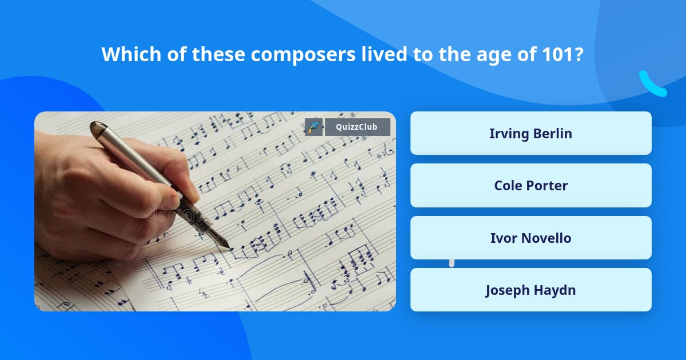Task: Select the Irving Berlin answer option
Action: (531, 133)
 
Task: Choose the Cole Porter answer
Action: (531, 185)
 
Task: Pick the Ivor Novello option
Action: (531, 238)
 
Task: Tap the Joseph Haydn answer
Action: (531, 290)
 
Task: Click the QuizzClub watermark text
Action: (357, 127)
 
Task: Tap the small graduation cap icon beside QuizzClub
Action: (314, 127)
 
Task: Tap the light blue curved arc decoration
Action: (652, 85)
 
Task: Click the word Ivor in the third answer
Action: (504, 238)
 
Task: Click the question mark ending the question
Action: (579, 54)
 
